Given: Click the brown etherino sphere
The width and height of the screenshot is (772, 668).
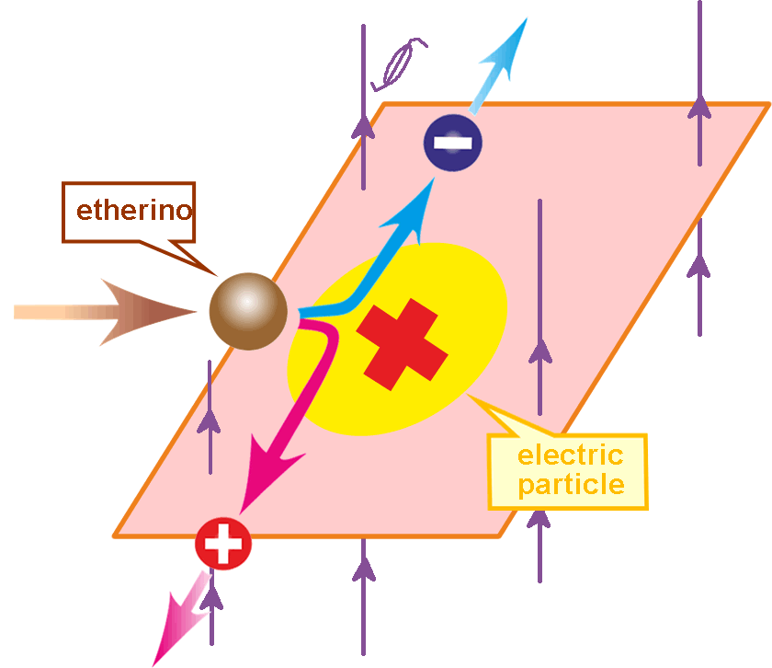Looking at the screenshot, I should point(248,311).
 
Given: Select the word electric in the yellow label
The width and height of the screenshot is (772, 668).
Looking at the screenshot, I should point(570,455).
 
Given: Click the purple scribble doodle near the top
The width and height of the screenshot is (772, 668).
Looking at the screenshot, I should point(401,62).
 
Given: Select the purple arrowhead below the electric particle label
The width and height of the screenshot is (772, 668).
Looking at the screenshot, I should point(539,520).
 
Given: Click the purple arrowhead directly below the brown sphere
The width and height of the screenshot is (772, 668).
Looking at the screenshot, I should point(210,420).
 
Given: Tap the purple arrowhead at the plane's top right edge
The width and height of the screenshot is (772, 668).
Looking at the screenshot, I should point(700,107).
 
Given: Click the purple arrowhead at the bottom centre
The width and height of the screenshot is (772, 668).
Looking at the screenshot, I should point(364,570).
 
